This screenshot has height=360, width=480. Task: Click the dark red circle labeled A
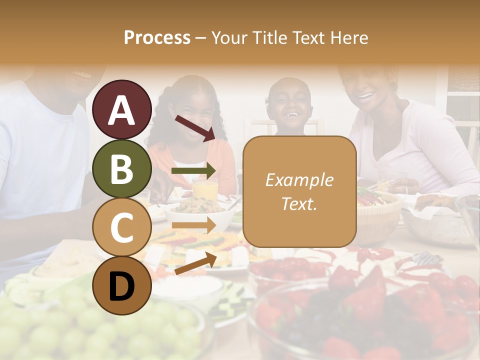click(122, 110)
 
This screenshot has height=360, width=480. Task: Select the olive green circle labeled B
click(122, 169)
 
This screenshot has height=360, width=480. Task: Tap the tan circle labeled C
click(122, 227)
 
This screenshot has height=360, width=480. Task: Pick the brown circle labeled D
click(122, 285)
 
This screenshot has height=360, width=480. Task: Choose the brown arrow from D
click(195, 263)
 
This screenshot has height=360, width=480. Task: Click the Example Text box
click(299, 191)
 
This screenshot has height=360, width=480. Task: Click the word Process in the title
click(157, 37)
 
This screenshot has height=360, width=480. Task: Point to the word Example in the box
click(299, 180)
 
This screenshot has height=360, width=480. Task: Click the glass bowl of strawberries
click(360, 315)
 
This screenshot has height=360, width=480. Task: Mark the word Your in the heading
click(229, 37)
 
